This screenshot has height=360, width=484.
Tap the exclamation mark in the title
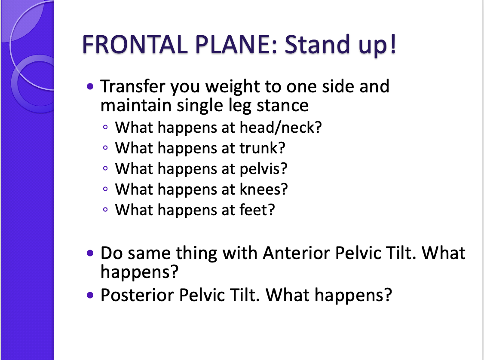392,44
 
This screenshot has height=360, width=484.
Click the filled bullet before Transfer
90,87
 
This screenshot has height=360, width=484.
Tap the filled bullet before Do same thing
90,253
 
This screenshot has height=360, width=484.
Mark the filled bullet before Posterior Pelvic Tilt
90,296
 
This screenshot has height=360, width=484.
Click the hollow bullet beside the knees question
106,189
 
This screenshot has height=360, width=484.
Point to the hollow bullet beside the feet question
106,211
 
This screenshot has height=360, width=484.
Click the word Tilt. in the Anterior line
399,253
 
